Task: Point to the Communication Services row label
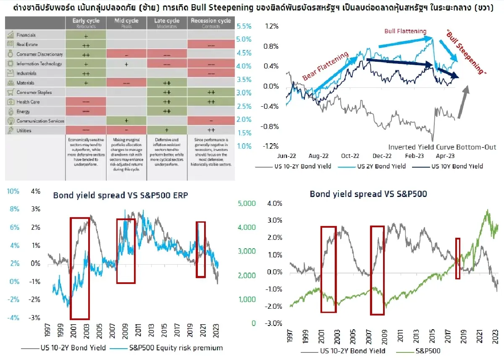40,121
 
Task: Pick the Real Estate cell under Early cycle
86,45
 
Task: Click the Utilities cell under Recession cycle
210,130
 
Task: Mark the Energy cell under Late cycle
167,111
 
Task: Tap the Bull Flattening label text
405,31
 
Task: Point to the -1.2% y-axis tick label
270,146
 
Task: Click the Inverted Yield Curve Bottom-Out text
442,147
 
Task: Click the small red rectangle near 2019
458,258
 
